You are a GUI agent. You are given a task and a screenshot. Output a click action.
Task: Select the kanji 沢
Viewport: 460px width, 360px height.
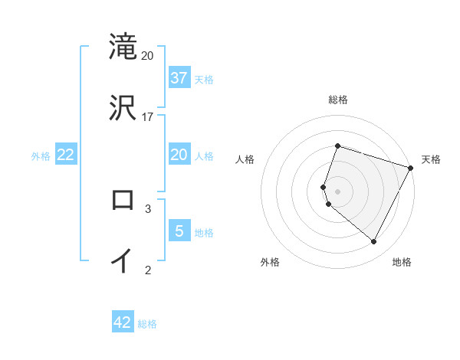point(123,106)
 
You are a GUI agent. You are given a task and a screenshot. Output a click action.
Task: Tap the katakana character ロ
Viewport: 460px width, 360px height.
point(123,200)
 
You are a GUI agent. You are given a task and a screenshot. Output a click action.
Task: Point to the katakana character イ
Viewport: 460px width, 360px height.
point(123,260)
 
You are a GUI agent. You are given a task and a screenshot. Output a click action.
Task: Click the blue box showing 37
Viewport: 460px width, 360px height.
point(179,77)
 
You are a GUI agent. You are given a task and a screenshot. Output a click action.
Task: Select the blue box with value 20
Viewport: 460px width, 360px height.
point(179,155)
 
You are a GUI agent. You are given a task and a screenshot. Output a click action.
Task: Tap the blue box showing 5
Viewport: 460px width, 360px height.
point(179,231)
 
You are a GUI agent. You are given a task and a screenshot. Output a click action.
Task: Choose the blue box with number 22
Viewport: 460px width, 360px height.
point(66,155)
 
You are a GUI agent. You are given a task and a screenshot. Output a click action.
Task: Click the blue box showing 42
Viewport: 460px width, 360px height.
point(123,322)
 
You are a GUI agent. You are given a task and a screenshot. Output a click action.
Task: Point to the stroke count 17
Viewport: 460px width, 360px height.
point(148,117)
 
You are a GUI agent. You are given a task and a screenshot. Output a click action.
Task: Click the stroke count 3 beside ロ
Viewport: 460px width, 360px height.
point(148,208)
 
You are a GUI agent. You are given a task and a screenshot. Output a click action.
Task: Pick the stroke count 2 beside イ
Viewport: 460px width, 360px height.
point(148,269)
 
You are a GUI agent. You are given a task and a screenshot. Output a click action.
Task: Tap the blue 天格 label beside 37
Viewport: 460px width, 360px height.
point(204,79)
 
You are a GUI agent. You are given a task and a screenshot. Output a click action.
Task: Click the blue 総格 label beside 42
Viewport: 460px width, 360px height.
point(147,324)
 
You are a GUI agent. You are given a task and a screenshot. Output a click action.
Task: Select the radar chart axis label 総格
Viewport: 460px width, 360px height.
point(337,100)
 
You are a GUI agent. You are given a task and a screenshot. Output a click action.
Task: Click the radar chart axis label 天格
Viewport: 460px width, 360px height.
point(431,159)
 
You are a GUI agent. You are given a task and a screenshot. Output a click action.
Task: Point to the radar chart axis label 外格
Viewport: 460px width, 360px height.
point(270,262)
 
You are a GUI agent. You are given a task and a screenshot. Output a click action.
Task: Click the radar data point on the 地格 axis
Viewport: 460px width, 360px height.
point(374,242)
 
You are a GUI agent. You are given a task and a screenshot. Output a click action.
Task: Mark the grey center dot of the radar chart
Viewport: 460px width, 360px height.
point(337,191)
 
